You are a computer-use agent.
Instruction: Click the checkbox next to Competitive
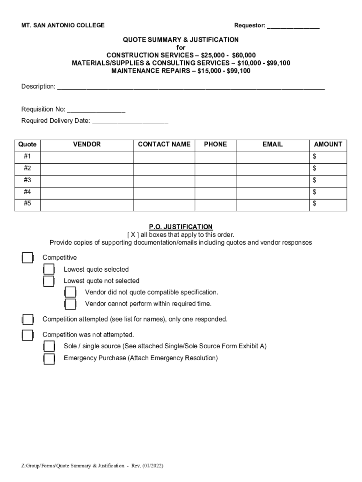(x=28, y=258)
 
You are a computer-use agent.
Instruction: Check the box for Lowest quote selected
(x=49, y=270)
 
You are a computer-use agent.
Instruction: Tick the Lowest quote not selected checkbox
(x=49, y=281)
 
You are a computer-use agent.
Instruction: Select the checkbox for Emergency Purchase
(x=49, y=359)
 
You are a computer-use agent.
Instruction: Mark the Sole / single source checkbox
(x=49, y=346)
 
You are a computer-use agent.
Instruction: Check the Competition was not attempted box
(x=28, y=335)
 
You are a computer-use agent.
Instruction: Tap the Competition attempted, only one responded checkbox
(x=28, y=320)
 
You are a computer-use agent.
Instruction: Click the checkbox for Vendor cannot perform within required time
(x=70, y=304)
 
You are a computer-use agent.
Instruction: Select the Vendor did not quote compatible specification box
(x=70, y=293)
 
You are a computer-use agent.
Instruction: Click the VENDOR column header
(x=87, y=145)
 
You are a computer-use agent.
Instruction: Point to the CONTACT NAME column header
(x=164, y=145)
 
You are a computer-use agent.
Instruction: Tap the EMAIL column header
(x=273, y=145)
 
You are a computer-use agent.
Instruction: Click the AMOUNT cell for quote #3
(x=328, y=180)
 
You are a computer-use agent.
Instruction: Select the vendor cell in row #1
(x=87, y=156)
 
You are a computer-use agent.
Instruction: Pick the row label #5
(x=28, y=204)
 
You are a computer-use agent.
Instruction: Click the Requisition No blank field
(x=96, y=110)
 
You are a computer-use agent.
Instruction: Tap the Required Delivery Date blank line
(x=130, y=121)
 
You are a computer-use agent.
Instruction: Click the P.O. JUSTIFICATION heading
(x=181, y=227)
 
